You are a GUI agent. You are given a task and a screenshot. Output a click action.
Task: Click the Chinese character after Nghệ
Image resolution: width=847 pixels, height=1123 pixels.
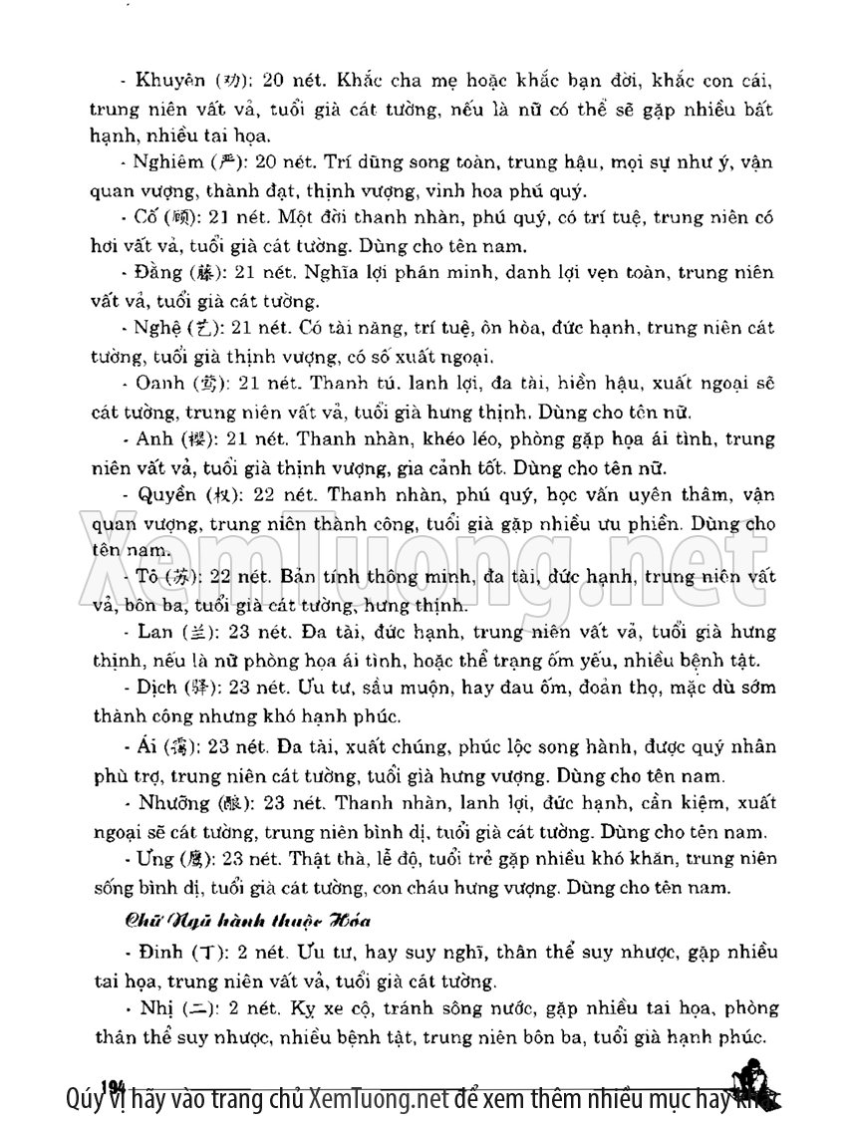[x=199, y=329]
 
